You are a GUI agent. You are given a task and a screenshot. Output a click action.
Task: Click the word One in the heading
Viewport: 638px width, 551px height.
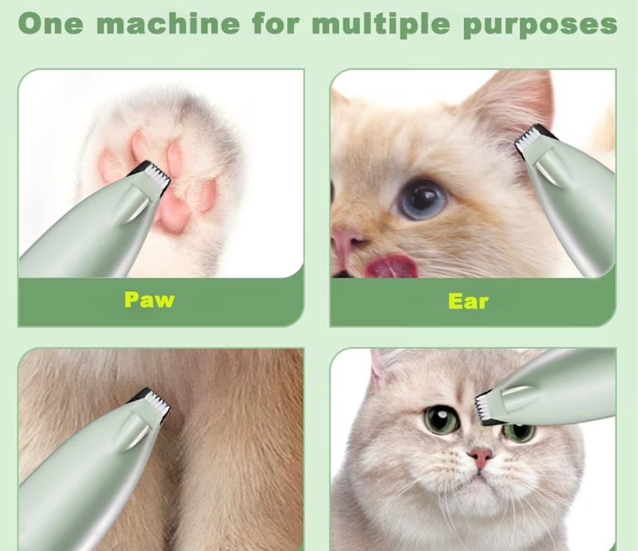50,24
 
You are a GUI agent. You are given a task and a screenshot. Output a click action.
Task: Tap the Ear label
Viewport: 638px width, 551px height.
468,301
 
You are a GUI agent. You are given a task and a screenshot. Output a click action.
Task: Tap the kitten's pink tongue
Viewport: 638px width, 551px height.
391,266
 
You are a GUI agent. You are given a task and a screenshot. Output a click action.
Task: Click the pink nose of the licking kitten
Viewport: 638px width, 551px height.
345,243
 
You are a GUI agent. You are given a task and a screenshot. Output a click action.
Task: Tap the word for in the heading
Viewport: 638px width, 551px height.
275,24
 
